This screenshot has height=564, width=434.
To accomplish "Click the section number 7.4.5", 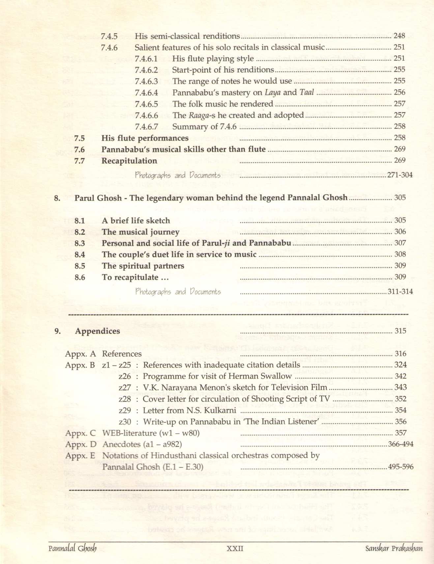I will pyautogui.click(x=109, y=36).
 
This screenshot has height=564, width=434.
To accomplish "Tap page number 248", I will pyautogui.click(x=399, y=36).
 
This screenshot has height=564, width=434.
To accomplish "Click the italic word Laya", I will pyautogui.click(x=273, y=93).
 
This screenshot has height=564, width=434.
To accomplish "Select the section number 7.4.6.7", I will pyautogui.click(x=146, y=127).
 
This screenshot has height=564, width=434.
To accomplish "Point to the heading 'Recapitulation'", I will pyautogui.click(x=129, y=161).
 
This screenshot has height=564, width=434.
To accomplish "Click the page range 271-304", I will pyautogui.click(x=400, y=175).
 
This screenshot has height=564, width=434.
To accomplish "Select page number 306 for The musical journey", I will pyautogui.click(x=400, y=232).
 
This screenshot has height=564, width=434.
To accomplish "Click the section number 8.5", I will pyautogui.click(x=80, y=266).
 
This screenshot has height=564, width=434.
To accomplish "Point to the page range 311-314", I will pyautogui.click(x=400, y=291).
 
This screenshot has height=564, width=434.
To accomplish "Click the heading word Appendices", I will pyautogui.click(x=98, y=331).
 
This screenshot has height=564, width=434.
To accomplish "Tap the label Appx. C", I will pyautogui.click(x=80, y=433).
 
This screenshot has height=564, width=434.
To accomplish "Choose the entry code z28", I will pyautogui.click(x=125, y=399).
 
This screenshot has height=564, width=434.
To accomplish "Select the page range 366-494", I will pyautogui.click(x=401, y=444).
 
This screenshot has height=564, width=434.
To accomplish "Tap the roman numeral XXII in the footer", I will pyautogui.click(x=235, y=549).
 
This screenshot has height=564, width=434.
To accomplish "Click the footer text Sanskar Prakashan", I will pyautogui.click(x=393, y=549).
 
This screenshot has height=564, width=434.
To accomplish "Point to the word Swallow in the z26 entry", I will pyautogui.click(x=276, y=376).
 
